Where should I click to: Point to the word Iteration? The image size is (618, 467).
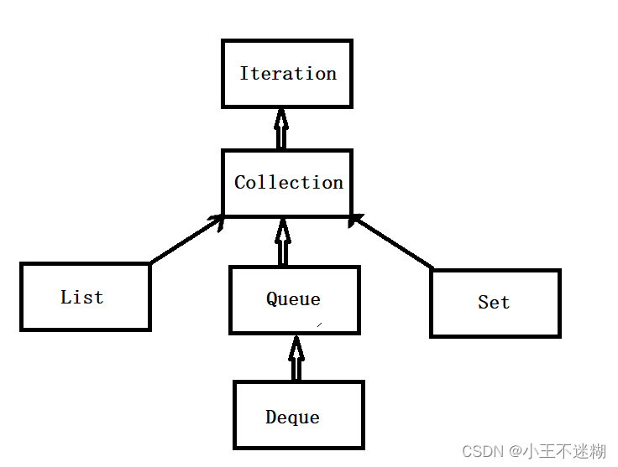[288, 74]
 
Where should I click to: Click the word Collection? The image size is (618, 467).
[289, 183]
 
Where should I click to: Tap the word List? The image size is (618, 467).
[82, 297]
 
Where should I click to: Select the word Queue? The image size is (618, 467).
[293, 299]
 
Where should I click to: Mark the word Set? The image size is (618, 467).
[494, 303]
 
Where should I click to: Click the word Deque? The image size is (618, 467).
[292, 417]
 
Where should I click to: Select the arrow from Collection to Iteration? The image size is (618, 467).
[281, 130]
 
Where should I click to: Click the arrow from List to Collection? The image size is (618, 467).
[186, 241]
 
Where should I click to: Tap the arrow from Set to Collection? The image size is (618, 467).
[391, 243]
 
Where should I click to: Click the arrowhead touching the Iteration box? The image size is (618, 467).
[281, 116]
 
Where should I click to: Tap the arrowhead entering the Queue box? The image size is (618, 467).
[296, 343]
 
